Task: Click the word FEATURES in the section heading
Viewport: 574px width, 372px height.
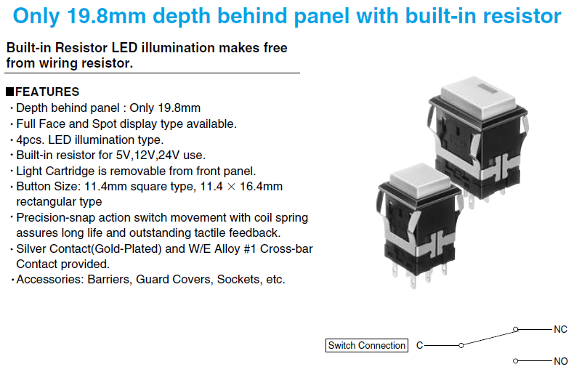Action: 47,92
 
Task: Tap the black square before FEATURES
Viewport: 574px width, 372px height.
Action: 10,92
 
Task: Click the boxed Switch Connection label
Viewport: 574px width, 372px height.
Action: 367,345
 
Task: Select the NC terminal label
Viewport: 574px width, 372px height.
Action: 560,329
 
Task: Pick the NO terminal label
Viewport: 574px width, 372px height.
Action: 560,361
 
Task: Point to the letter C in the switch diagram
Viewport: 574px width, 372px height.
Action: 419,345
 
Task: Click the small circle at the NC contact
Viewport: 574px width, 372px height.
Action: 516,330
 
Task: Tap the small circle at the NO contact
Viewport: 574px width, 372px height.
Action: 516,361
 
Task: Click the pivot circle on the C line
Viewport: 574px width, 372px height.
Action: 461,345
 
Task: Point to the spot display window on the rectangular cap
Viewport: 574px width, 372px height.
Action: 486,87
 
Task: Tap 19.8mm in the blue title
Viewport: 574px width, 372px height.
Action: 107,16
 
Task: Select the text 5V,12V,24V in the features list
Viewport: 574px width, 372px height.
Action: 147,155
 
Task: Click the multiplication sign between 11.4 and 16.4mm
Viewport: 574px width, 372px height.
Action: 231,187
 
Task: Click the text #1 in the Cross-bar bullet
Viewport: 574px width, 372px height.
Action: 250,249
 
